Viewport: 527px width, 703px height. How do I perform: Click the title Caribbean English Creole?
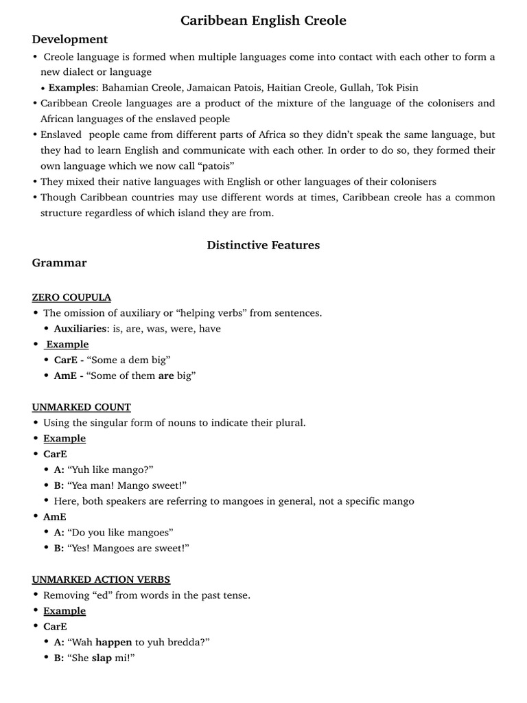click(263, 21)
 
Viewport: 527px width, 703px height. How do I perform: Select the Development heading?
click(69, 39)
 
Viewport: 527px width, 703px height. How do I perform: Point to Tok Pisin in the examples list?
click(397, 87)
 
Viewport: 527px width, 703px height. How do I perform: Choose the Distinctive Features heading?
click(263, 244)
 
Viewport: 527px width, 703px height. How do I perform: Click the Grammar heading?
click(59, 262)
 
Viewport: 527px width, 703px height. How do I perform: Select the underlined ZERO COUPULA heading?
click(71, 297)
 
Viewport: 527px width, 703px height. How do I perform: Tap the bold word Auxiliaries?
click(81, 328)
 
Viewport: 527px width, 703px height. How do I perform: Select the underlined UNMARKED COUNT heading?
click(81, 407)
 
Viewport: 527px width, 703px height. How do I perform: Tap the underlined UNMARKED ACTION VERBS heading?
click(101, 579)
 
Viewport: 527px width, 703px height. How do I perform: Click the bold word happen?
click(113, 642)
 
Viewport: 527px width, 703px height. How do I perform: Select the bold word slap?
click(103, 658)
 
